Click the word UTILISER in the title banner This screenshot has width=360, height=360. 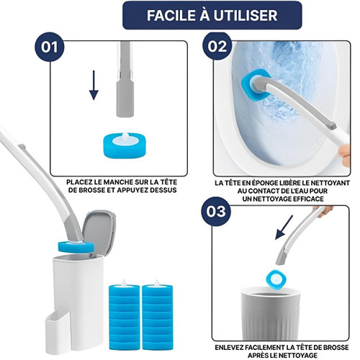(x=246, y=15)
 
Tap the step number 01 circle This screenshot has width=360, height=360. (x=50, y=47)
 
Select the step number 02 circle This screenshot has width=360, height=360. (x=217, y=46)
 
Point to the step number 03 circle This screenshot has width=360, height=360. (x=216, y=212)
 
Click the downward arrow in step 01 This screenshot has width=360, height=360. (x=94, y=85)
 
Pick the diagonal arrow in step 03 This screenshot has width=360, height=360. (x=284, y=228)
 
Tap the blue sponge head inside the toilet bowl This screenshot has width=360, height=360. (x=256, y=84)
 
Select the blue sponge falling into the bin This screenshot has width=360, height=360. (x=276, y=279)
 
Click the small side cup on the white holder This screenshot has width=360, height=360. (x=58, y=332)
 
